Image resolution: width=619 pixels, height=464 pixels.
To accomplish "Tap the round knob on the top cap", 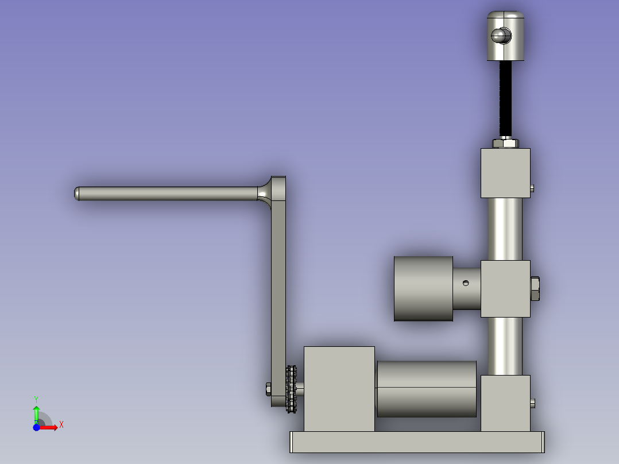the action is [501, 36].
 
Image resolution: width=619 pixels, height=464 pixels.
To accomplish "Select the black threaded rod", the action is [505, 99].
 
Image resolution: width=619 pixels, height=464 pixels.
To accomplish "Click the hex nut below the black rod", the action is [505, 143].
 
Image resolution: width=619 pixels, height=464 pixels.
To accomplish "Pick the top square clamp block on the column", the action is [505, 173].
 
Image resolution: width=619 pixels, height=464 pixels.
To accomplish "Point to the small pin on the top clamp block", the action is [532, 189].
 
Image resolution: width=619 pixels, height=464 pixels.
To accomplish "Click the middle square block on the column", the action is [505, 289].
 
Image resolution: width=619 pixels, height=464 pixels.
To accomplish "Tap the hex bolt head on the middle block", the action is [535, 289].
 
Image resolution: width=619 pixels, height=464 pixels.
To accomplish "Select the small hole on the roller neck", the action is [466, 283].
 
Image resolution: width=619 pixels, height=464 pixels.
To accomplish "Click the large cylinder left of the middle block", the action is [423, 288].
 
